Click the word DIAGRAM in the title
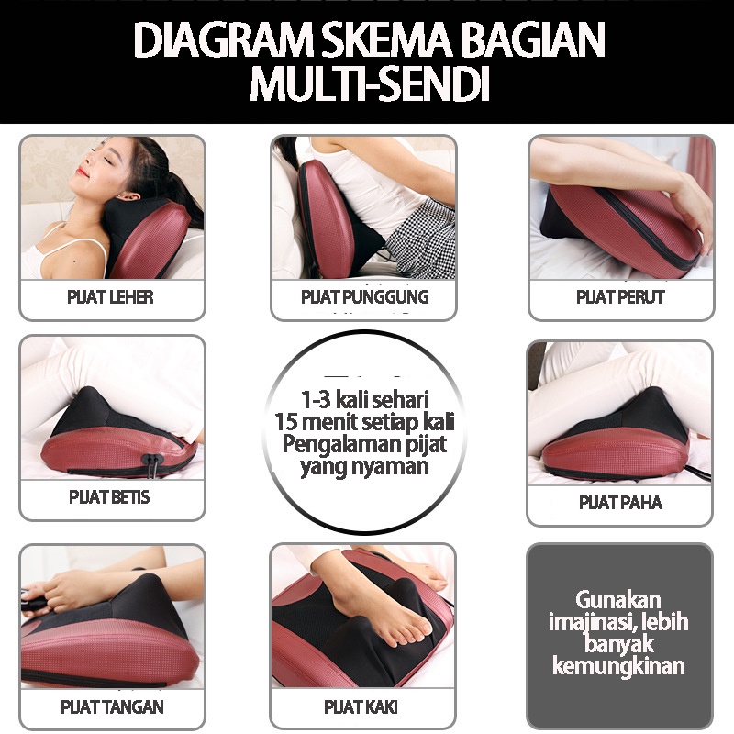click(x=224, y=40)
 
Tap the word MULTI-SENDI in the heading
click(x=370, y=83)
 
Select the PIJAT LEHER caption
click(x=110, y=296)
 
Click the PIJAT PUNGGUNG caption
click(x=364, y=296)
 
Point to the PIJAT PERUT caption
click(x=620, y=296)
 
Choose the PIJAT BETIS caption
click(x=109, y=497)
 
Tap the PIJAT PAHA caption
click(x=620, y=502)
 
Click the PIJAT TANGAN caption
click(x=112, y=706)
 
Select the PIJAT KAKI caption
click(x=361, y=706)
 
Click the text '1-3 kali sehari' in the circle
click(x=364, y=400)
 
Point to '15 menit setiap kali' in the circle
click(x=364, y=422)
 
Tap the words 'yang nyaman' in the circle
click(x=364, y=467)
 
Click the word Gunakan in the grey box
click(x=618, y=600)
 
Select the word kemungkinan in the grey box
click(x=618, y=666)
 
